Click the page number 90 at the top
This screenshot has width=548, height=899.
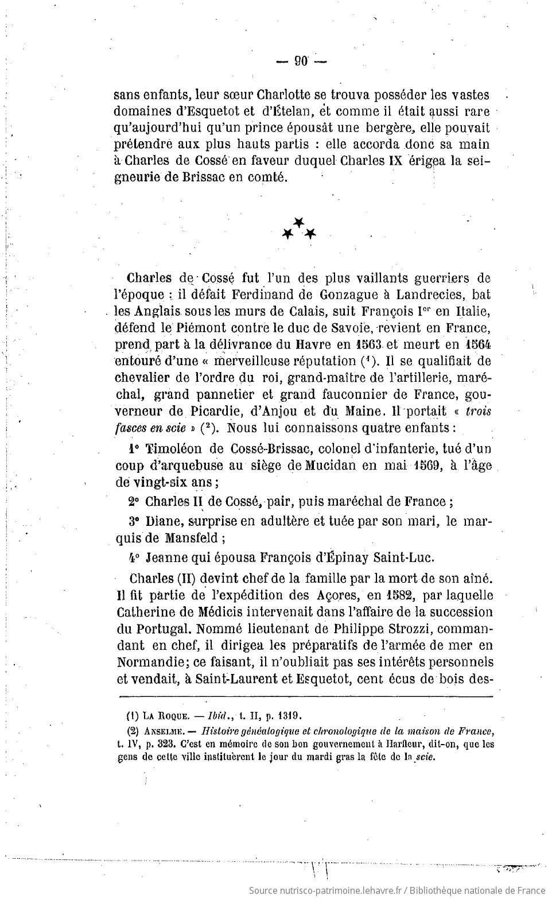[x=301, y=61]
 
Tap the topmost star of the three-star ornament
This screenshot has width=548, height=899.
[x=298, y=222]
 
